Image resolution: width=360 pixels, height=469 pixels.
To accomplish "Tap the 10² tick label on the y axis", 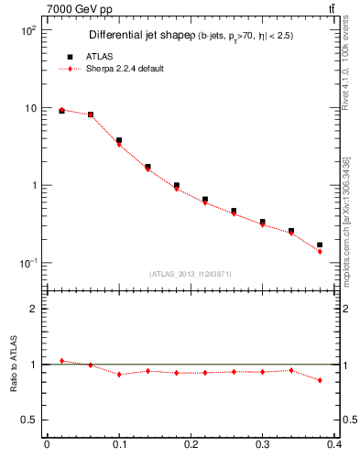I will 27,30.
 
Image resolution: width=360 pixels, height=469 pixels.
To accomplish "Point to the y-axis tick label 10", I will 29,108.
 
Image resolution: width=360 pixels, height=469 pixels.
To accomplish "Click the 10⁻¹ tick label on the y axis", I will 27,264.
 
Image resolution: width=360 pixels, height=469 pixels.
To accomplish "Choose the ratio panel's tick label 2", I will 32,309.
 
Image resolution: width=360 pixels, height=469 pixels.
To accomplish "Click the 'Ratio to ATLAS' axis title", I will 11,365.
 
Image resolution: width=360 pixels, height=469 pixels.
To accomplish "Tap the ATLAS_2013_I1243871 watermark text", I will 191,275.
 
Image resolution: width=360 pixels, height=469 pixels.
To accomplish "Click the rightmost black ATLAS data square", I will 320,245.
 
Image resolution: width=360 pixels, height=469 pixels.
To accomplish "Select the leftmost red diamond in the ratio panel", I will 61,361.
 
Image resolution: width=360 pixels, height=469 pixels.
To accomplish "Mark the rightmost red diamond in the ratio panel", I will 320,380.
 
